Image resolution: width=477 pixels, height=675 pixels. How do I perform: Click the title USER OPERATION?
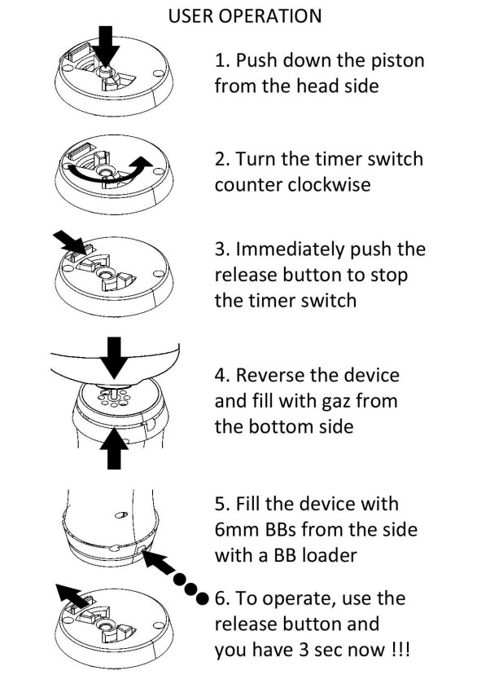[x=244, y=16]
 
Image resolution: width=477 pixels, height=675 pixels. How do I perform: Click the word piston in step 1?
[x=398, y=60]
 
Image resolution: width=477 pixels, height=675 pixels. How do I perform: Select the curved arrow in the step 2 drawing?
[x=107, y=171]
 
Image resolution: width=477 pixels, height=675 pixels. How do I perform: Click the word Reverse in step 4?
[x=270, y=375]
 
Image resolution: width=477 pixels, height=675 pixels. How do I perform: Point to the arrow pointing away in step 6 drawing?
[x=73, y=595]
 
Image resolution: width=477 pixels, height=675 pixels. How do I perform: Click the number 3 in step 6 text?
[x=304, y=650]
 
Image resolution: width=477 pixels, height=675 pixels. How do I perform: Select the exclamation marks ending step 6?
[x=400, y=650]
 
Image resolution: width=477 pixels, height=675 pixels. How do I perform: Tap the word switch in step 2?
[x=396, y=159]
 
